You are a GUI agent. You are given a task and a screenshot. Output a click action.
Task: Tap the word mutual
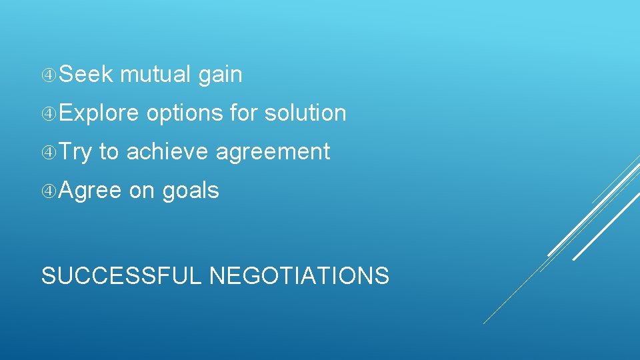pyautogui.click(x=156, y=75)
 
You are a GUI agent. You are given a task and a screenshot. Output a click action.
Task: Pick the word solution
pyautogui.click(x=305, y=113)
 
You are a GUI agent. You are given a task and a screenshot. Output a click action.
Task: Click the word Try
pyautogui.click(x=75, y=153)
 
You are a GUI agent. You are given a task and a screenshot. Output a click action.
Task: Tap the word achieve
pyautogui.click(x=167, y=152)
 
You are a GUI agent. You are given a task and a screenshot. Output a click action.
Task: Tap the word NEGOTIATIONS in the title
pyautogui.click(x=299, y=275)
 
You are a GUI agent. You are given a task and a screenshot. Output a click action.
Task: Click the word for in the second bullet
pyautogui.click(x=244, y=113)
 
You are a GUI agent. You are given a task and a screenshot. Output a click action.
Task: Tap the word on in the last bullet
pyautogui.click(x=141, y=191)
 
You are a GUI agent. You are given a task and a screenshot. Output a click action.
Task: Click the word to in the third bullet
pyautogui.click(x=108, y=152)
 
